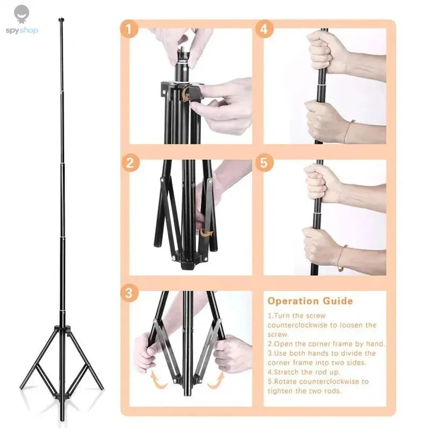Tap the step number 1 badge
point(128,28)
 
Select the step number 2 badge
point(128,162)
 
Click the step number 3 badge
point(128,293)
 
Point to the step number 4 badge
point(263,28)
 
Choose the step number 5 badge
point(263,162)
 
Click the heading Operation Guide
point(310,301)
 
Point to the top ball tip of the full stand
point(61,20)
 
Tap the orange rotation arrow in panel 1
point(185,94)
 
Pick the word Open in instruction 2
point(286,344)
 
